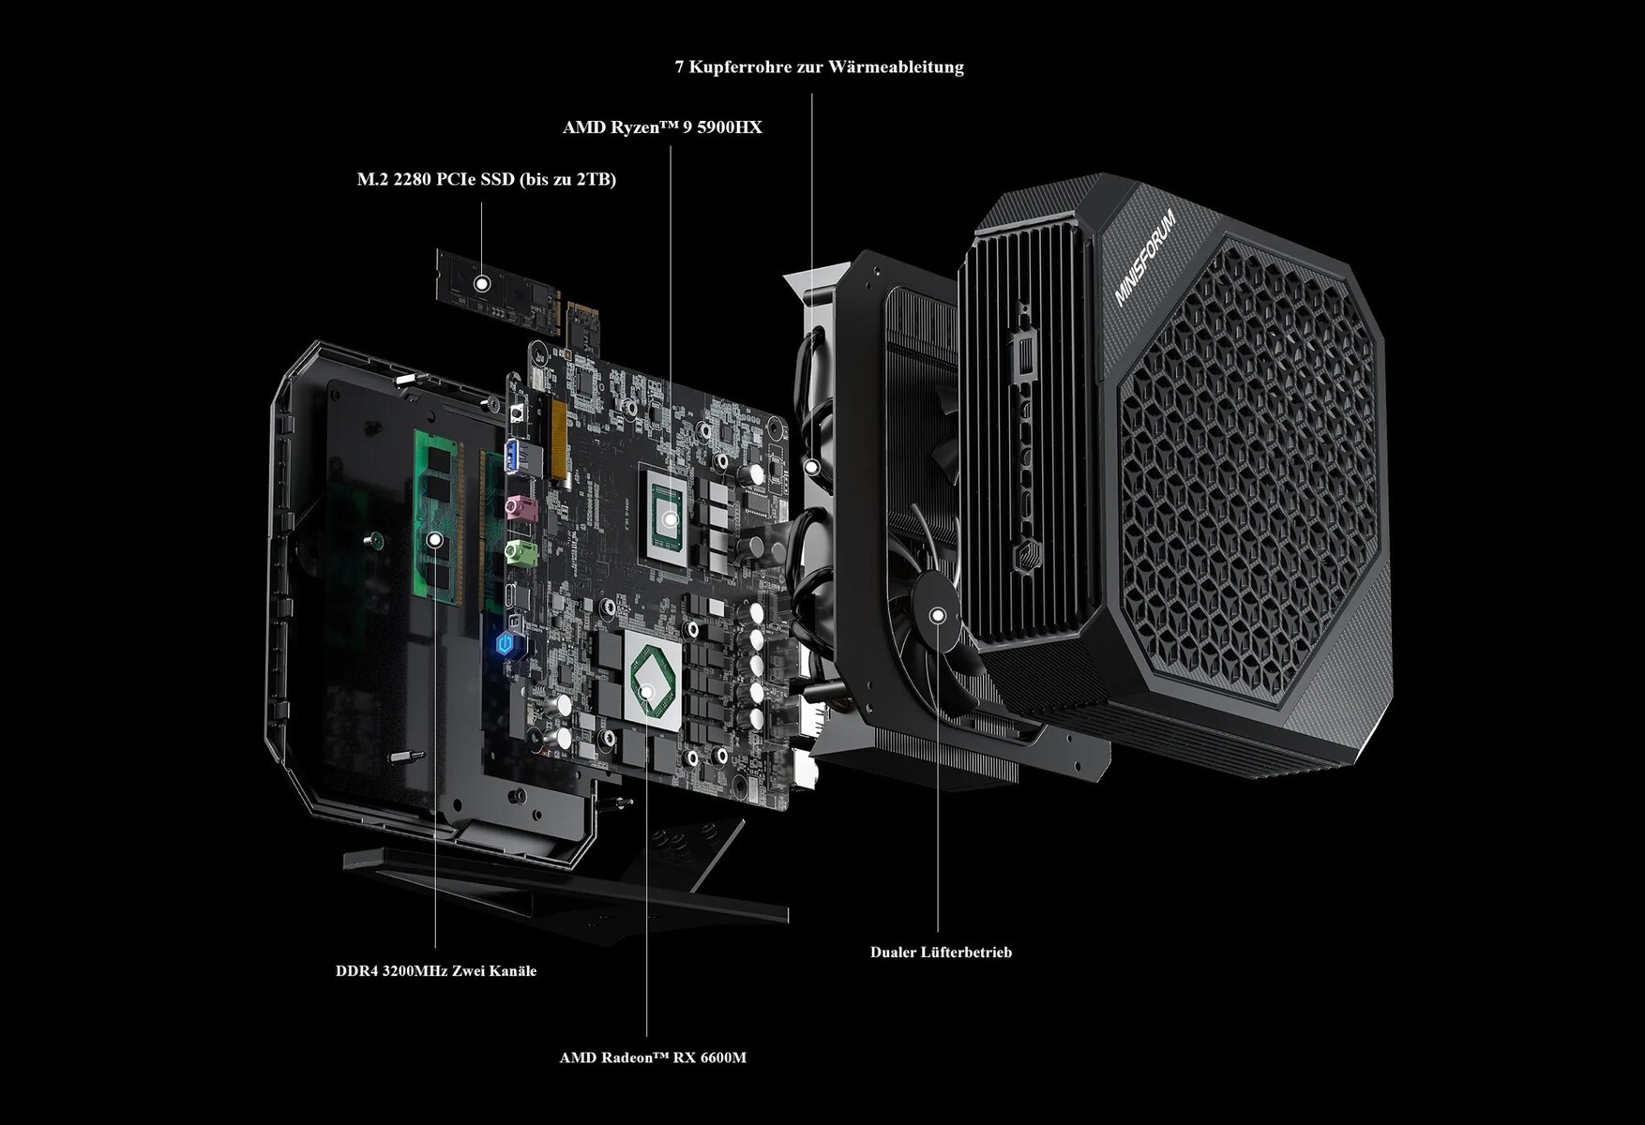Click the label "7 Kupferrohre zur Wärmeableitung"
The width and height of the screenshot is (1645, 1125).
pos(819,67)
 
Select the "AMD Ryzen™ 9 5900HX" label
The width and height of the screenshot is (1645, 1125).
pos(662,127)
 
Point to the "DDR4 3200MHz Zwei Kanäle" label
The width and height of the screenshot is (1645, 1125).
pos(436,970)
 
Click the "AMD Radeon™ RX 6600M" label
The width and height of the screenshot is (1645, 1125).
pos(653,1057)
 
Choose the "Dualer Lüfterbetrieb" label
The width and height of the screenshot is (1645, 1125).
pos(941,952)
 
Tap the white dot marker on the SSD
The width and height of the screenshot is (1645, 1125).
pos(482,282)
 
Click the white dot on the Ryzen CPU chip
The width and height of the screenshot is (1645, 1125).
pos(670,518)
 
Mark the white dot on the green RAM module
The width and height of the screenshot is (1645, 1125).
pos(435,540)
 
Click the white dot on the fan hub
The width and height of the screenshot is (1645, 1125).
pos(937,615)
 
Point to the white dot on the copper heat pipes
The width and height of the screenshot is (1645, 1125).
pos(812,466)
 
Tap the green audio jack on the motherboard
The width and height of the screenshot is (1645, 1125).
pos(521,553)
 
